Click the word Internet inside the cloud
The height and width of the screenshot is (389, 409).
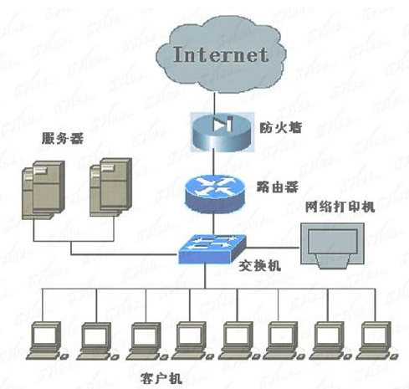221,54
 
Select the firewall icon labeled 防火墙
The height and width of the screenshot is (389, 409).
222,132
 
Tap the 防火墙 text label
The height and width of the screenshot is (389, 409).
280,128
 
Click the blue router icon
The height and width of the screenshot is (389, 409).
215,194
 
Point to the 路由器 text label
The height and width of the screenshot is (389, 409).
278,187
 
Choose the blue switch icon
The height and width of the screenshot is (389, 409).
212,249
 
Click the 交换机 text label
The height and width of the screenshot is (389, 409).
260,266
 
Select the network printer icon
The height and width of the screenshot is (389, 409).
332,245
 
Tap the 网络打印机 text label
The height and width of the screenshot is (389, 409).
340,207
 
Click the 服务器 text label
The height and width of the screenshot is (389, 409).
63,138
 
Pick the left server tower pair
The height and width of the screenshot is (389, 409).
43,190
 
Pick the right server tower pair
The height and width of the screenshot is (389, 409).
110,187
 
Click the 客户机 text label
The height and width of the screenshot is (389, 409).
161,378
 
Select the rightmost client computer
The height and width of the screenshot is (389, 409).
377,340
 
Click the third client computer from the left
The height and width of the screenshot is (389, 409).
146,341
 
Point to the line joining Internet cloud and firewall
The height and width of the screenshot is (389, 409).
215,103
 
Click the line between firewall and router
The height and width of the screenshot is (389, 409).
214,164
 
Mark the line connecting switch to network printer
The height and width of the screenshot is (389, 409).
274,248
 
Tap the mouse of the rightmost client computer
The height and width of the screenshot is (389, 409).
394,356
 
